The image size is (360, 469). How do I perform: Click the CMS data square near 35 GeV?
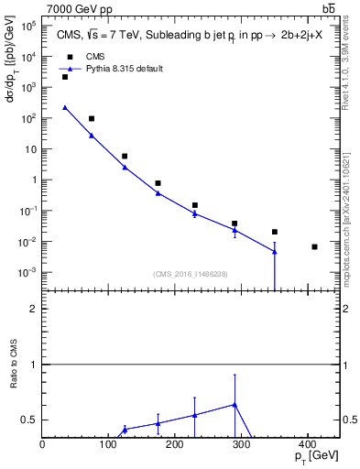pyautogui.click(x=65, y=77)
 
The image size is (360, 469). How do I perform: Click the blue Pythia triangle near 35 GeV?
pyautogui.click(x=65, y=107)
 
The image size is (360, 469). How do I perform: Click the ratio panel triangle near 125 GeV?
pyautogui.click(x=125, y=429)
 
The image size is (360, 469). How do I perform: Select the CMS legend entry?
pyautogui.click(x=94, y=56)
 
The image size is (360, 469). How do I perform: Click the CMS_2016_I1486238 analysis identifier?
pyautogui.click(x=191, y=274)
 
